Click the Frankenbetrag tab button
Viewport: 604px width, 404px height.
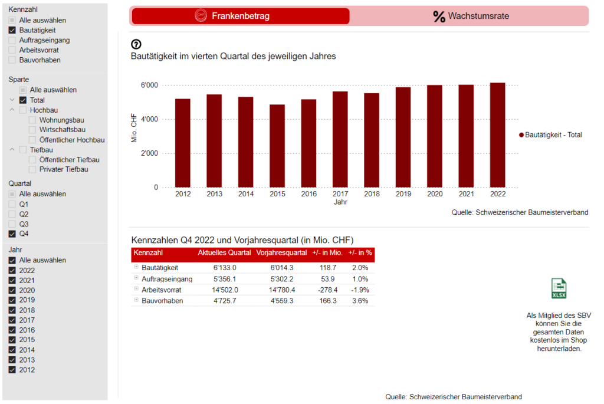pyautogui.click(x=240, y=16)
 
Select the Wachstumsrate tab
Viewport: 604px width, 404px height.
pyautogui.click(x=470, y=16)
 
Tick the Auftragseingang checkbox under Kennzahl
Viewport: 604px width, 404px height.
pyautogui.click(x=12, y=40)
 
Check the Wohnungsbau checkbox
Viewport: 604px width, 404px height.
pyautogui.click(x=32, y=120)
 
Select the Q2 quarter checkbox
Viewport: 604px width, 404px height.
pyautogui.click(x=12, y=214)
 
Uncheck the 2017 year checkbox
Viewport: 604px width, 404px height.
pyautogui.click(x=12, y=320)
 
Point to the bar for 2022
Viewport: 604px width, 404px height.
pyautogui.click(x=497, y=135)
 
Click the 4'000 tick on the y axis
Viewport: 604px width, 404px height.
pyautogui.click(x=149, y=119)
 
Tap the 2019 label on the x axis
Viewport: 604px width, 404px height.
pyautogui.click(x=403, y=194)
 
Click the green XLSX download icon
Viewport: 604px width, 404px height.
pyautogui.click(x=559, y=288)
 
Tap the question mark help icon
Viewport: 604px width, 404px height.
pyautogui.click(x=136, y=44)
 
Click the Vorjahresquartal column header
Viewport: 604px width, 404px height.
pyautogui.click(x=282, y=252)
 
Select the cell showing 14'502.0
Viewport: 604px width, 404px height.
pyautogui.click(x=224, y=290)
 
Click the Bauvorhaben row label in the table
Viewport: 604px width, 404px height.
pyautogui.click(x=162, y=301)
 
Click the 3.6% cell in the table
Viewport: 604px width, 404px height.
pyautogui.click(x=360, y=301)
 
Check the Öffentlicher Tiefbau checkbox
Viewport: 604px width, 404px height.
pyautogui.click(x=32, y=160)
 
